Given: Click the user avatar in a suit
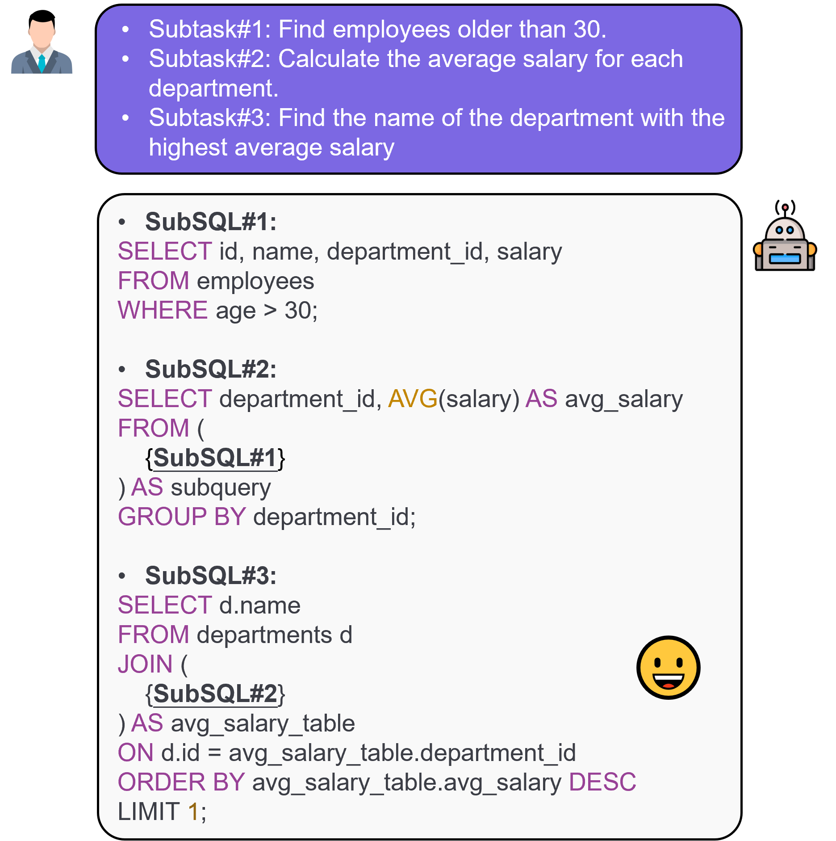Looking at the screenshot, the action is tap(42, 42).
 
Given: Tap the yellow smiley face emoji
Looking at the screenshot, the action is tap(668, 667).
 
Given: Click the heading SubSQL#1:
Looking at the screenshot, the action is tap(211, 222).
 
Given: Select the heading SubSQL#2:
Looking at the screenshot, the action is tap(211, 369).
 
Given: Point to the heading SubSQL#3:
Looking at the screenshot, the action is tap(211, 576).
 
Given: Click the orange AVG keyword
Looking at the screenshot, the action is tap(413, 399).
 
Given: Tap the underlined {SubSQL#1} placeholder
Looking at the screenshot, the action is tap(215, 458).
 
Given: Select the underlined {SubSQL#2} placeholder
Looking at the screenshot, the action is tap(215, 694).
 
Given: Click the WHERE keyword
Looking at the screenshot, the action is tap(163, 310).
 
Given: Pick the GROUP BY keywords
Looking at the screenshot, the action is tap(182, 517).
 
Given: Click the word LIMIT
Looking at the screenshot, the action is tap(149, 812).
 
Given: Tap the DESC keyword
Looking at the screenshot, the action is tap(602, 782).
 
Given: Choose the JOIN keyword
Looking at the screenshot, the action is tap(145, 664).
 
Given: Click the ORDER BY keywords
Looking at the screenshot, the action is tap(181, 782).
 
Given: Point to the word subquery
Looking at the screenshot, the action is tap(221, 488).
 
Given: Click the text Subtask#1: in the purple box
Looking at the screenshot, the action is tap(210, 29).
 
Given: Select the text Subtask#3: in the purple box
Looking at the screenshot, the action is tap(210, 118).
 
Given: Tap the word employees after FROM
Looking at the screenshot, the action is tap(255, 282).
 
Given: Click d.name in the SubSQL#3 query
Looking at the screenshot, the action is tap(260, 605).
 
